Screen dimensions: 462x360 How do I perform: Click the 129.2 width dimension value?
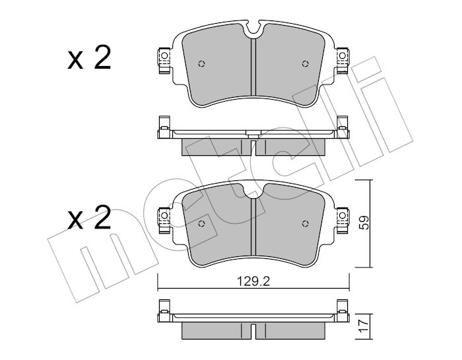point(253,282)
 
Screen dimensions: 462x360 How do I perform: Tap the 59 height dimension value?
point(364,223)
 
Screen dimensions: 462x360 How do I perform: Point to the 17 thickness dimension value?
point(364,326)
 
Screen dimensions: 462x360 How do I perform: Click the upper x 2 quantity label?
point(89,57)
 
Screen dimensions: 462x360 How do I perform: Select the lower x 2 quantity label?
point(89,217)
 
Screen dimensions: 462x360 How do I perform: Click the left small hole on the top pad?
point(201,63)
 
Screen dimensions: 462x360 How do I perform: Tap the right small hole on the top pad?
point(305,63)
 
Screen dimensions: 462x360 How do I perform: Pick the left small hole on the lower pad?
point(201,224)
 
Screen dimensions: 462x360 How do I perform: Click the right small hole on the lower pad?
point(305,224)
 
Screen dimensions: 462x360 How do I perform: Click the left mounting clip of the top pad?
point(164,61)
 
